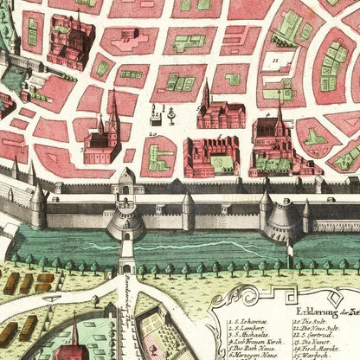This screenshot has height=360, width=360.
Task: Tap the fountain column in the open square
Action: click(171, 115)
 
